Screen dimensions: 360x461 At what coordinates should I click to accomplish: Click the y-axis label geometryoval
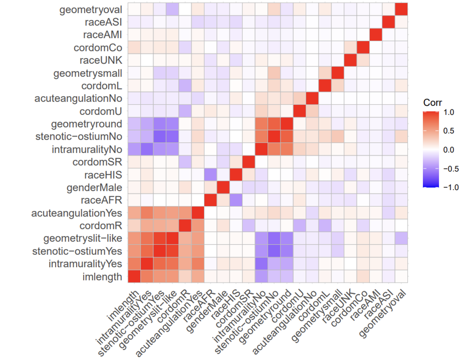point(90,10)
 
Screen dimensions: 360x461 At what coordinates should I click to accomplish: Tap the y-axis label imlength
point(103,277)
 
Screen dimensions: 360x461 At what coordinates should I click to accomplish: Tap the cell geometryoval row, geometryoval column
point(401,9)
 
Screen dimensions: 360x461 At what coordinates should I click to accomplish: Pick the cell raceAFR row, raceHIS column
point(236,200)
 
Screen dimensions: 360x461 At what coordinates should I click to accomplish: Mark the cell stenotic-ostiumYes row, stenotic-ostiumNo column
point(274,251)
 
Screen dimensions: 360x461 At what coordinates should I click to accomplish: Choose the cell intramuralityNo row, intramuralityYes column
point(147,149)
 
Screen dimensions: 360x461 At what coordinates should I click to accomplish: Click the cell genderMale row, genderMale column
point(223,187)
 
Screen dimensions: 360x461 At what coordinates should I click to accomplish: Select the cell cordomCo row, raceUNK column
point(350,48)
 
